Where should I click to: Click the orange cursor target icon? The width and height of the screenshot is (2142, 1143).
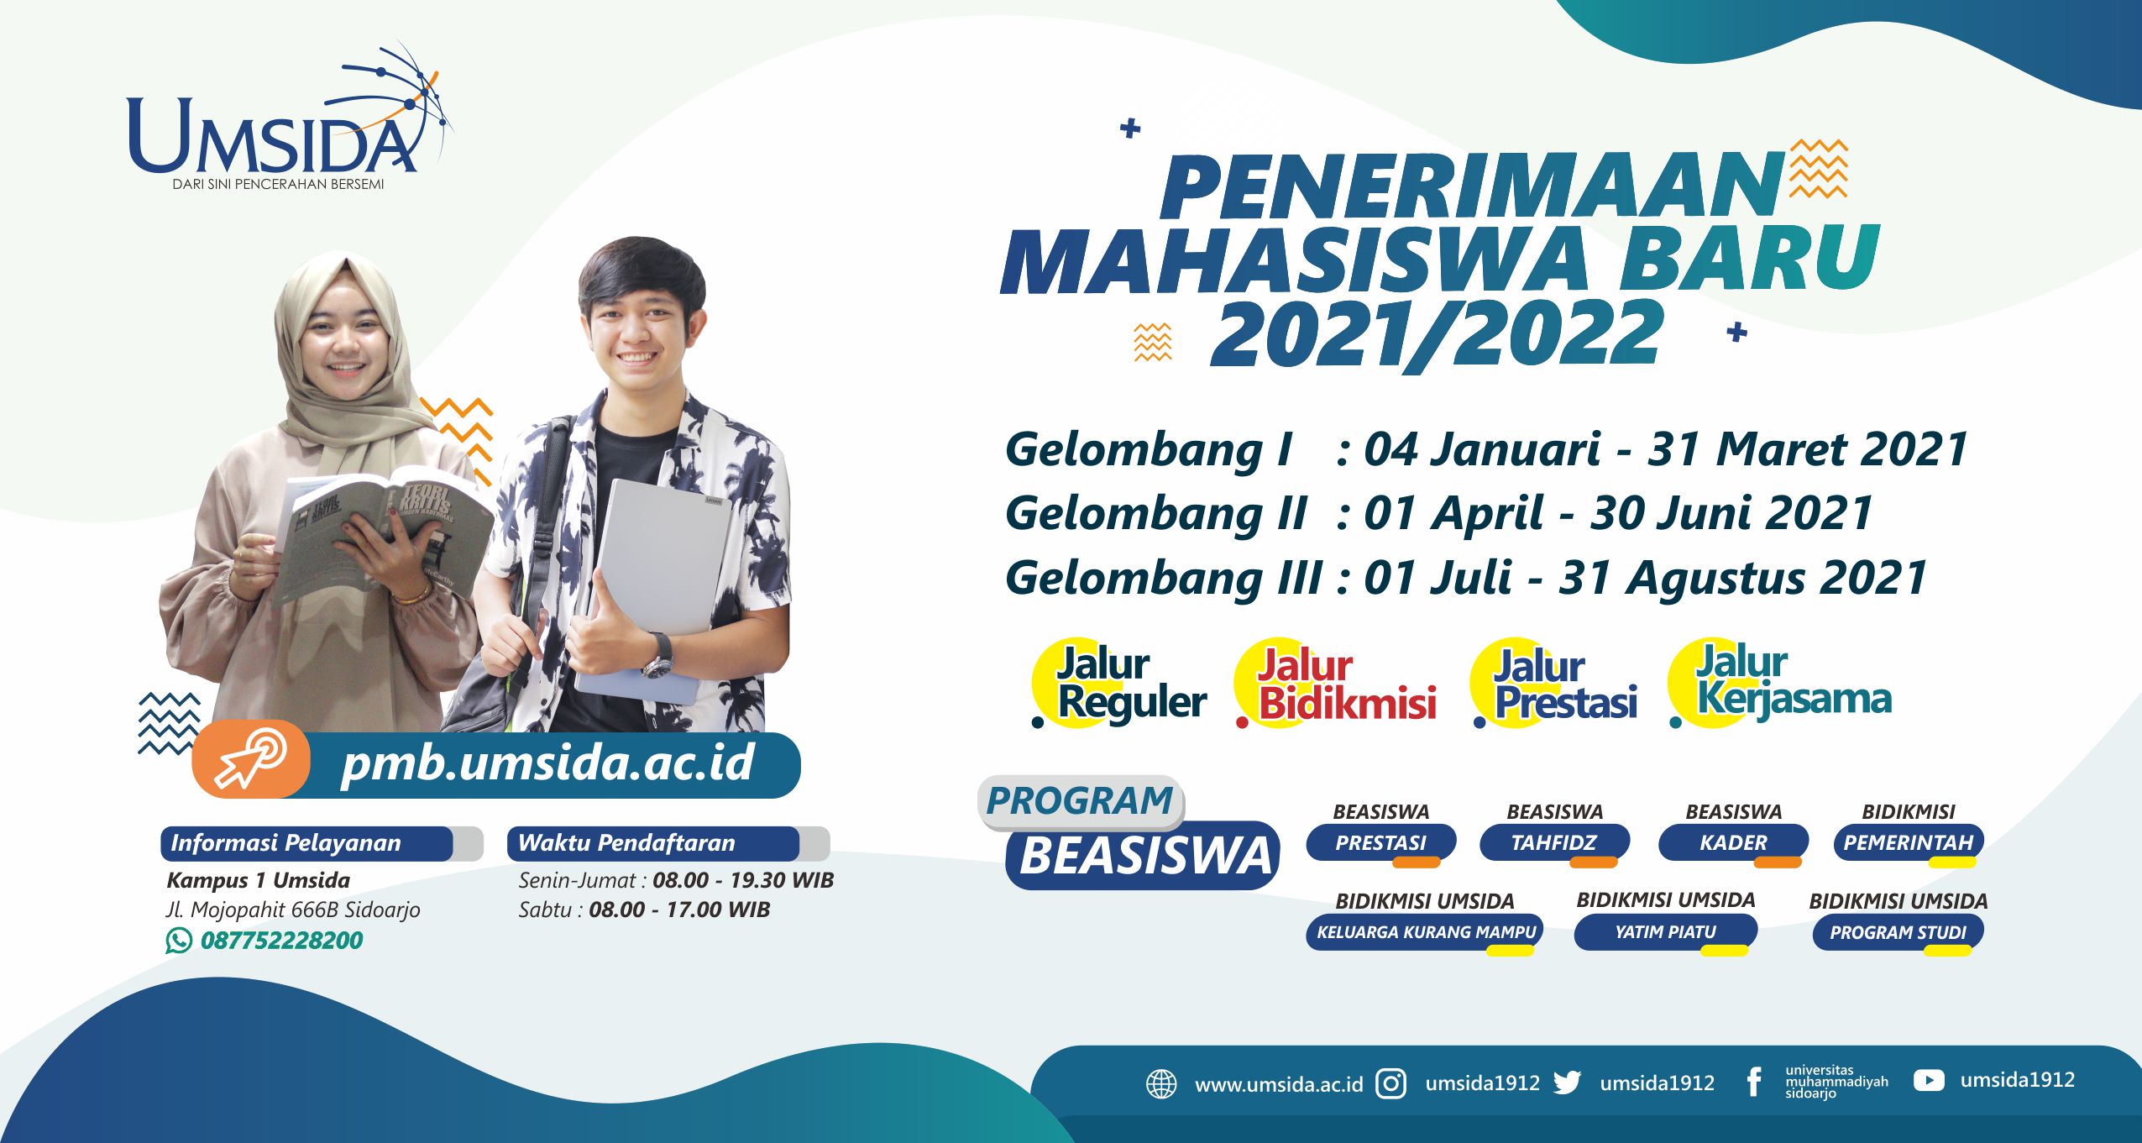pos(251,758)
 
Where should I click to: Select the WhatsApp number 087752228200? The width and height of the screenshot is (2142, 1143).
pos(281,940)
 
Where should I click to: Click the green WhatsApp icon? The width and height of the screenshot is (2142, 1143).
pos(178,940)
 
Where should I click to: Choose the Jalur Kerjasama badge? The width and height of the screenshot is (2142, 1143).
pos(1780,681)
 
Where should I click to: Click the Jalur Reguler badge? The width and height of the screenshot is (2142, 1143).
pos(1119,683)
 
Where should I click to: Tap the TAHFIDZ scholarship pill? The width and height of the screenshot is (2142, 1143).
pos(1554,843)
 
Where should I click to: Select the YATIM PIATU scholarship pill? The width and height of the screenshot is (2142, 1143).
pos(1665,932)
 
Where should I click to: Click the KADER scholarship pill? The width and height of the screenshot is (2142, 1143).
pos(1733,843)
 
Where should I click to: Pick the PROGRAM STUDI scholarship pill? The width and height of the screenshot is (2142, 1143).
pos(1898,932)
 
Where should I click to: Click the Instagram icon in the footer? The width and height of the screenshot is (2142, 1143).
pos(1390,1083)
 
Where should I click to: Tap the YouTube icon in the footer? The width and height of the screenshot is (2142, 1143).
pos(1928,1080)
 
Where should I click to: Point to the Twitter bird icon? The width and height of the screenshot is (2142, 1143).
pos(1567,1083)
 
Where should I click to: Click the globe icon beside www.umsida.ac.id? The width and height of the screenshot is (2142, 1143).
pos(1161,1084)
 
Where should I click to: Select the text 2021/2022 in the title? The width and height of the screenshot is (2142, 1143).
pos(1437,334)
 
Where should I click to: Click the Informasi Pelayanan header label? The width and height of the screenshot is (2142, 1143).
pos(285,842)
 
